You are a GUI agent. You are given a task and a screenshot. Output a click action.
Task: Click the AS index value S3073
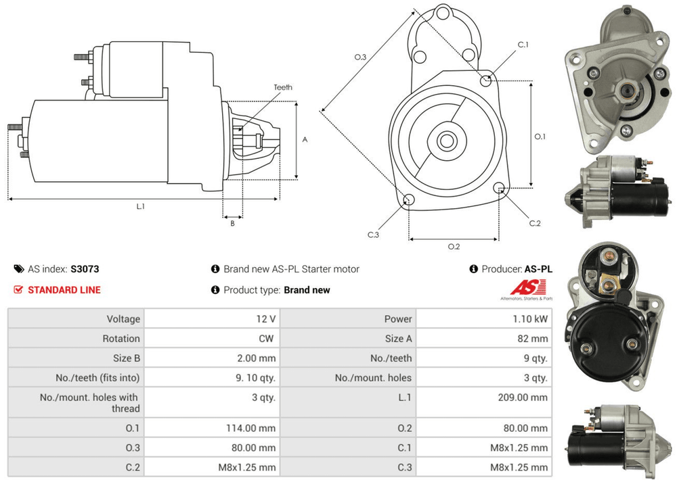coord(85,269)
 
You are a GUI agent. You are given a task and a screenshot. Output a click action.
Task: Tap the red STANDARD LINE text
coord(64,290)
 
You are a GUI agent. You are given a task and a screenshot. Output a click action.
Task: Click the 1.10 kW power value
coord(530,319)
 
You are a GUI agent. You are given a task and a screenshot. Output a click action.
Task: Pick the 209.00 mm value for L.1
coord(523,397)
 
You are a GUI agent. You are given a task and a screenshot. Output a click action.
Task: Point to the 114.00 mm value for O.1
coord(251,429)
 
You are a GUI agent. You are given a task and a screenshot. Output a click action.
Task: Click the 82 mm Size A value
coord(533,338)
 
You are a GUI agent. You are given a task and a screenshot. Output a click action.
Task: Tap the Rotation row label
coord(121,338)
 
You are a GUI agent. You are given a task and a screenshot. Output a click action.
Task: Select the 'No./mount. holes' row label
coord(373,378)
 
